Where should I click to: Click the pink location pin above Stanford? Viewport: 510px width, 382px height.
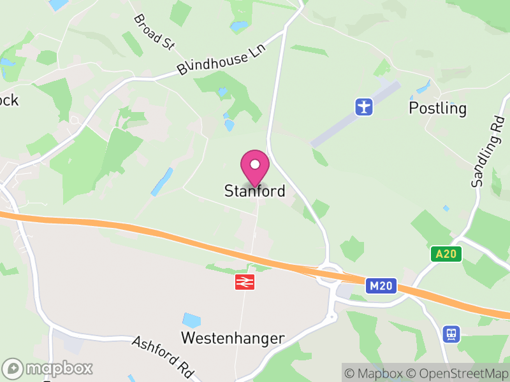(255, 167)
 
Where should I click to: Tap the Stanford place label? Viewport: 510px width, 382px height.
(254, 191)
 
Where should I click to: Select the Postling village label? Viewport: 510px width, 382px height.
(437, 108)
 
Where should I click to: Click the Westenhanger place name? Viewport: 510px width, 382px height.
(233, 338)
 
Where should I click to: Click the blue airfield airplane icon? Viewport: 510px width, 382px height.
(363, 106)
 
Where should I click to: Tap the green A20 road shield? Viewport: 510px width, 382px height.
(446, 254)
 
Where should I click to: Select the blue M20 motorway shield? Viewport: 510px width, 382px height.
(381, 286)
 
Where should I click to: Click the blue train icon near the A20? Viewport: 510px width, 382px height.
(451, 333)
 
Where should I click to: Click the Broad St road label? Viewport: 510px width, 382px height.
(154, 31)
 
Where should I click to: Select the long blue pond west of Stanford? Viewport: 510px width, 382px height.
(162, 182)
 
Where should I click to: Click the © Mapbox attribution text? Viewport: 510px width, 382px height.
(374, 373)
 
